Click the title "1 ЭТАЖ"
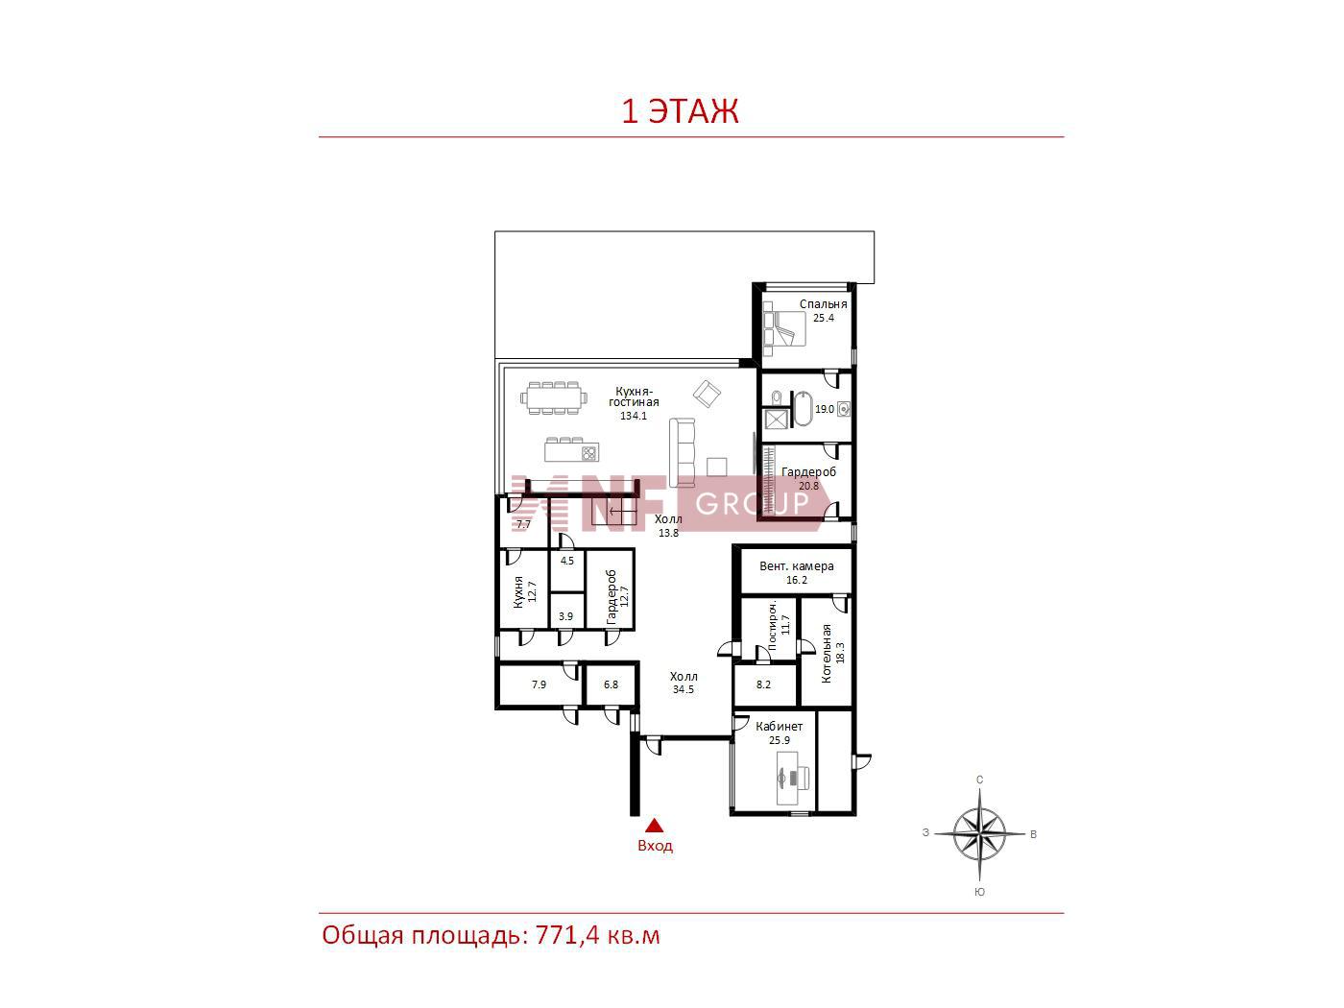(680, 111)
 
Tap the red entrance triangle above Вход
(655, 827)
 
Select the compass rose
(979, 833)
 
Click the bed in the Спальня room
(784, 328)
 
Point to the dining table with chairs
(554, 397)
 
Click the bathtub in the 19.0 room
(803, 408)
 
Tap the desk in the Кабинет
(793, 778)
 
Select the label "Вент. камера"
(796, 566)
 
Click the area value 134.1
(633, 416)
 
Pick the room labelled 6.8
(611, 684)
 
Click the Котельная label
(826, 654)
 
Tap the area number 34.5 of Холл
(683, 689)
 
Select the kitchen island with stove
(571, 450)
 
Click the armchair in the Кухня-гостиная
(707, 394)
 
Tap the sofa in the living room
(683, 452)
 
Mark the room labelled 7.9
(539, 684)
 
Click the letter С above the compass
(980, 780)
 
